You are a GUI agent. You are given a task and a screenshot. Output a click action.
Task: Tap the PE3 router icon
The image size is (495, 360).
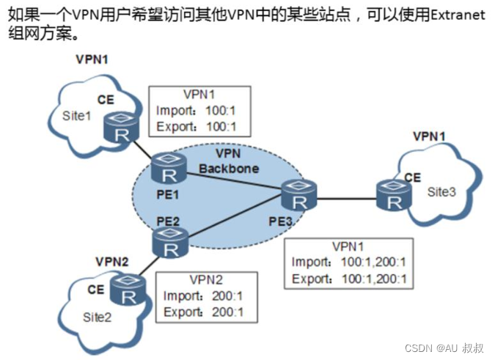[297, 196]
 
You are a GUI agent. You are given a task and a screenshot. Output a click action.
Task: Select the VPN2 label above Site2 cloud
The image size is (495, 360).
[112, 261]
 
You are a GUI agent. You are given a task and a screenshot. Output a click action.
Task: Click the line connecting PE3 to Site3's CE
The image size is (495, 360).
[344, 196]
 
